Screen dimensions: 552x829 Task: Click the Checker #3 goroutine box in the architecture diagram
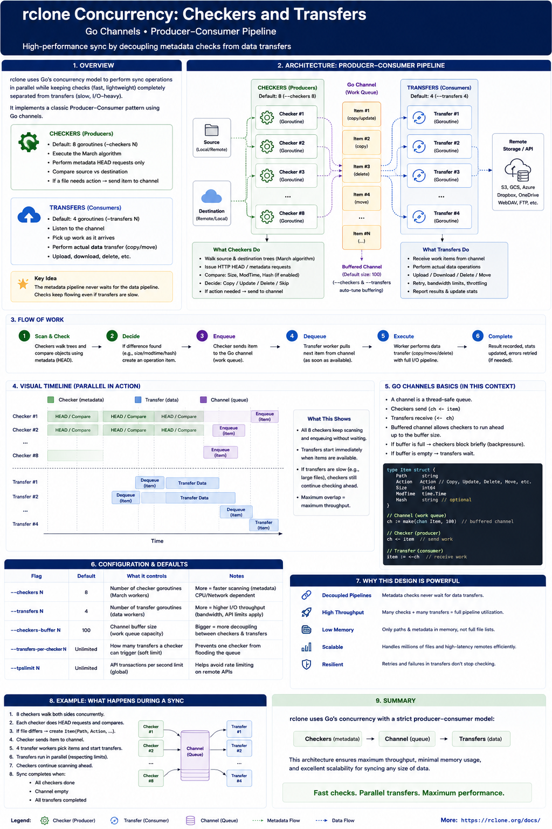point(286,175)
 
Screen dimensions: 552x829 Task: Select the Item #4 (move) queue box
point(361,198)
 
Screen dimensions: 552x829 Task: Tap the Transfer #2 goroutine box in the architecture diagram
point(439,147)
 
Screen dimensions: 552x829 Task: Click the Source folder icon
point(211,130)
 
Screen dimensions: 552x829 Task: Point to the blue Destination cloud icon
point(211,196)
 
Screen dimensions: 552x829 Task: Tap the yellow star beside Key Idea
point(23,283)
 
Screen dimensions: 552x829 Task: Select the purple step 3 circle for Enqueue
point(202,336)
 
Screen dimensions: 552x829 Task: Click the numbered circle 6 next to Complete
point(478,336)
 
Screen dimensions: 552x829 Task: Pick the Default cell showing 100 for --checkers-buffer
point(86,630)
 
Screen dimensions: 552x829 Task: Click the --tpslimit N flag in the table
point(25,668)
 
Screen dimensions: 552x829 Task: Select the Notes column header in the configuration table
point(237,576)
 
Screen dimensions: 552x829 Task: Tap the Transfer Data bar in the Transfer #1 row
point(192,483)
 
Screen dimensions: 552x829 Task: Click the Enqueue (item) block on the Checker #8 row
point(220,452)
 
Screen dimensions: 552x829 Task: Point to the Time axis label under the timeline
point(157,541)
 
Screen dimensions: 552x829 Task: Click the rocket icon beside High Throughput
point(306,612)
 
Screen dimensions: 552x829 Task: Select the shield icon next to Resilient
point(306,664)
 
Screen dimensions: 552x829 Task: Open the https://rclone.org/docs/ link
point(501,820)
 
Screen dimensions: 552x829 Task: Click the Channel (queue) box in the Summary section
point(407,739)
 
